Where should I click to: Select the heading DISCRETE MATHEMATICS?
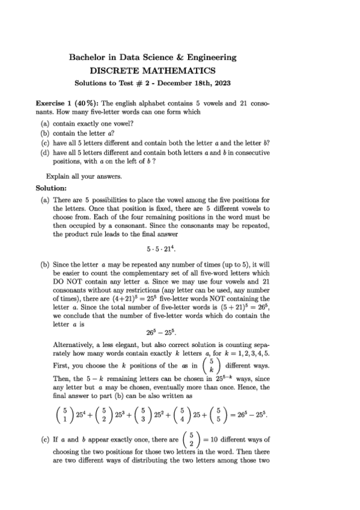pos(153,70)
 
